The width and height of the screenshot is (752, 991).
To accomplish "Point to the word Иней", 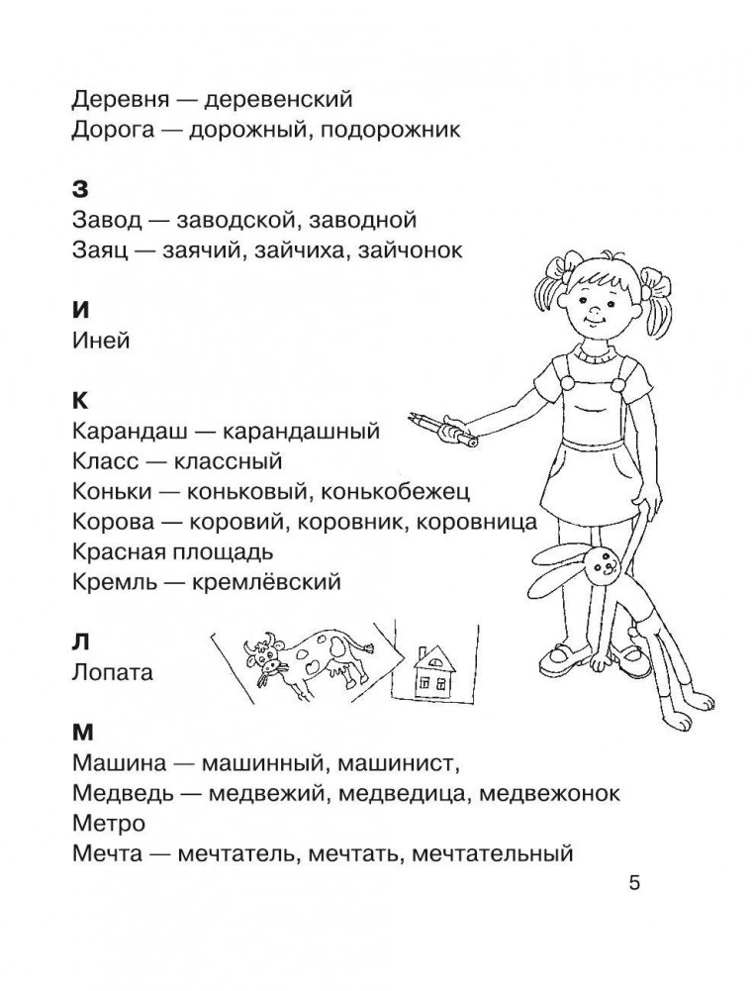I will coord(102,342).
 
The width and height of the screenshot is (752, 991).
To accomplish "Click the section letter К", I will coord(81,401).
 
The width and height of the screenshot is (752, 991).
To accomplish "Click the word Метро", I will coord(109,823).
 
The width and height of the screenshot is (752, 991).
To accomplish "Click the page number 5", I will coord(634,883).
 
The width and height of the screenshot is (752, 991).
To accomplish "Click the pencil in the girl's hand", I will coord(441,430).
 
